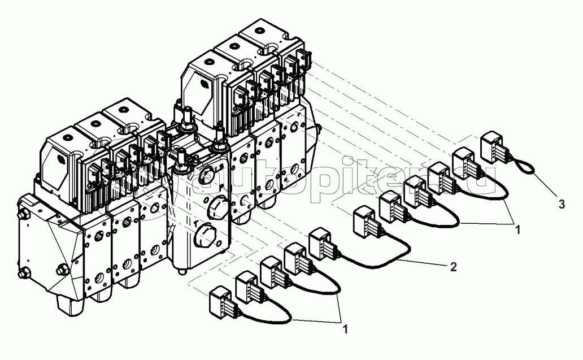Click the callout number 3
[x=562, y=205]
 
